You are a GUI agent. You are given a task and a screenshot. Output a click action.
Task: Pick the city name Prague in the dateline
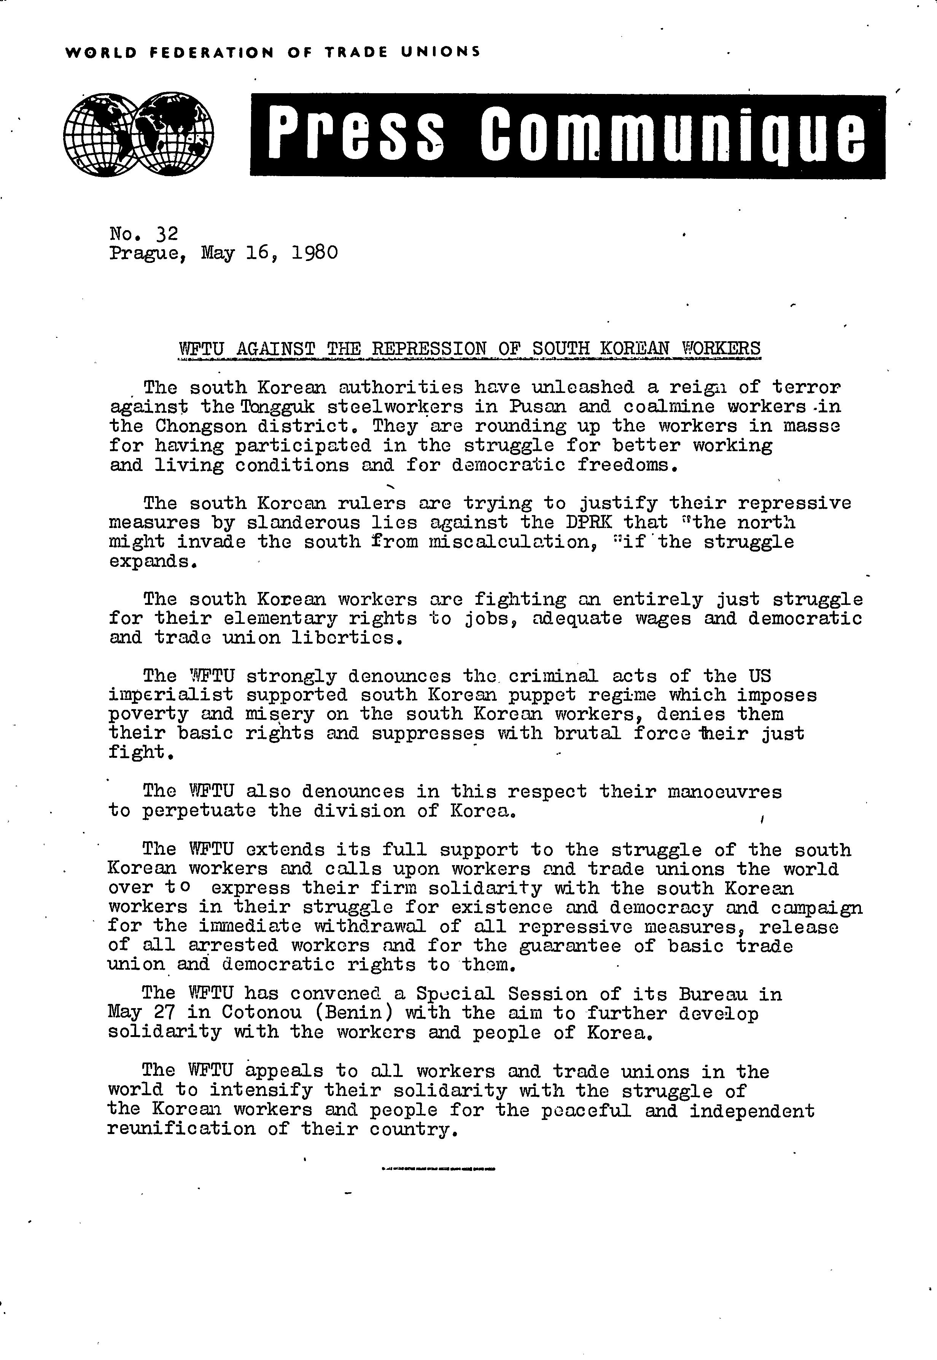[x=147, y=254]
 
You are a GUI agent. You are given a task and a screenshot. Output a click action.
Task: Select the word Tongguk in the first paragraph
[x=275, y=406]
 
